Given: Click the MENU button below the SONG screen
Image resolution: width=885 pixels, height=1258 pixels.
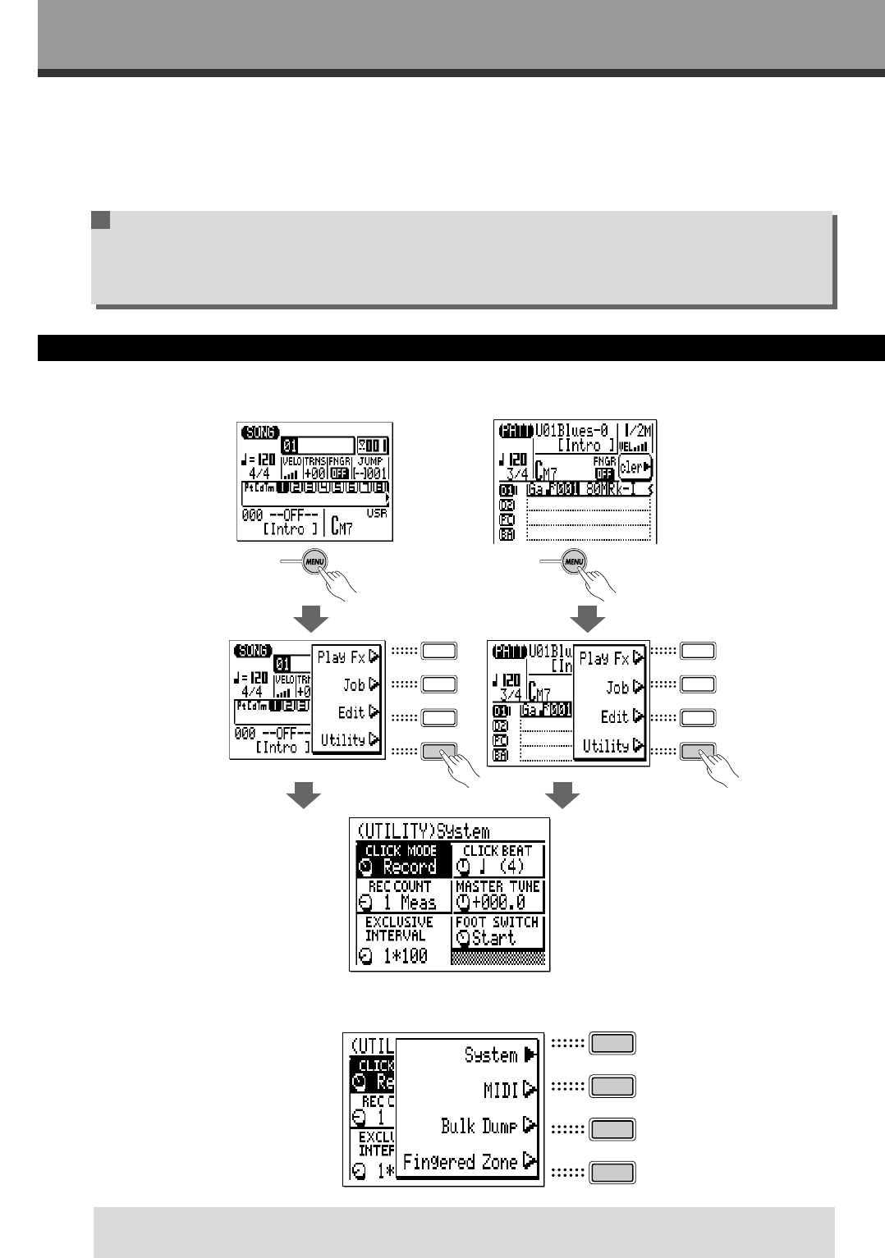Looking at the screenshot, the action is coord(314,562).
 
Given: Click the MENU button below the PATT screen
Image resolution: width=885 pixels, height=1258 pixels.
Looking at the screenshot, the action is coord(575,562).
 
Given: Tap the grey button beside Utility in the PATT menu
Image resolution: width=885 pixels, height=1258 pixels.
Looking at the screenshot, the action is coord(699,751).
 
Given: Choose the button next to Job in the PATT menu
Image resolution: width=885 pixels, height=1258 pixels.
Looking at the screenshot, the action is coord(699,684).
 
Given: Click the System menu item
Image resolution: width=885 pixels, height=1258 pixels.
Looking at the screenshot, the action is coord(491,1054).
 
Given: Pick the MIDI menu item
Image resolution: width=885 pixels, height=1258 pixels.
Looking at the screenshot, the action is coord(502,1090).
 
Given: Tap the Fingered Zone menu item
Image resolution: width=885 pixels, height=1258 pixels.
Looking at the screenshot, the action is coord(461,1162).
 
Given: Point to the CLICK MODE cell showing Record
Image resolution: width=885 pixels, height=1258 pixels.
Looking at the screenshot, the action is coord(403,860).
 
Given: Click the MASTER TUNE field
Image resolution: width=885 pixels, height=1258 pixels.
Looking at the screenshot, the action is coord(498,895).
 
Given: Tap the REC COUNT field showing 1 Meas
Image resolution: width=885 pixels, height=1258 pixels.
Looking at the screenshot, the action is coord(403,895).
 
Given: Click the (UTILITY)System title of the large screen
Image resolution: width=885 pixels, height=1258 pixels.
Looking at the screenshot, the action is coord(424,830).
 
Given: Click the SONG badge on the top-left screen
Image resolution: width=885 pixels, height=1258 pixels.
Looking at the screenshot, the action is coord(260,432).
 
